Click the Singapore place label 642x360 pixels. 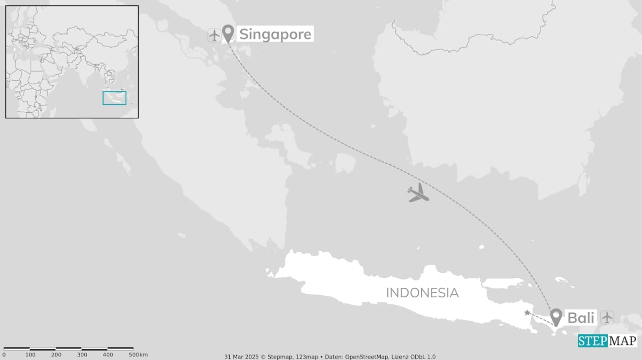[275, 34]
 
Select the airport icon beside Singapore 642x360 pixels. [214, 35]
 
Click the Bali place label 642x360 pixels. [581, 318]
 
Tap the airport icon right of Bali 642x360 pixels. [607, 317]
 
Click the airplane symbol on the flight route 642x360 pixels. [418, 193]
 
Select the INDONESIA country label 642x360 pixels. [422, 293]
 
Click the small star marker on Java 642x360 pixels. [527, 313]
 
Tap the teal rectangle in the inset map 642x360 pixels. [114, 98]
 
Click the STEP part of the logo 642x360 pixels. [593, 341]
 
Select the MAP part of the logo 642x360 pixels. [622, 341]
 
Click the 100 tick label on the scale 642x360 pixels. [31, 355]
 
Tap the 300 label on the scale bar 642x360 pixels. [82, 355]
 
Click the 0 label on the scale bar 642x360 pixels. [4, 355]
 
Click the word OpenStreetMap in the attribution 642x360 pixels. [367, 356]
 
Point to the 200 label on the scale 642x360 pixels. [56, 355]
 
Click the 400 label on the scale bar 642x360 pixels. [108, 355]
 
